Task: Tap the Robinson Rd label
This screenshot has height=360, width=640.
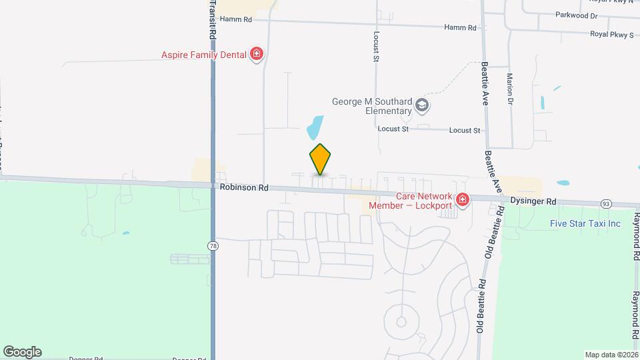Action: (x=244, y=189)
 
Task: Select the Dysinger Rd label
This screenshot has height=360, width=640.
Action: (x=533, y=201)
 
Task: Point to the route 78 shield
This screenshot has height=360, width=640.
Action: (x=213, y=246)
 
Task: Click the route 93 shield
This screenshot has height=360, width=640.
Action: (x=605, y=203)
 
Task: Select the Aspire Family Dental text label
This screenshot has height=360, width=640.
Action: (x=204, y=55)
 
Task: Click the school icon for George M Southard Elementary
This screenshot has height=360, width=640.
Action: (x=421, y=105)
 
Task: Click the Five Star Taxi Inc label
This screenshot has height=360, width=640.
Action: (x=585, y=223)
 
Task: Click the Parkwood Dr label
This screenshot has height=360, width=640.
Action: (x=576, y=15)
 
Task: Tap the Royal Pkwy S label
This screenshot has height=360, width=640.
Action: (x=611, y=34)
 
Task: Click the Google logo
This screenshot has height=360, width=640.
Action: (x=22, y=352)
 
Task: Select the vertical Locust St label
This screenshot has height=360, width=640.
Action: (x=376, y=46)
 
